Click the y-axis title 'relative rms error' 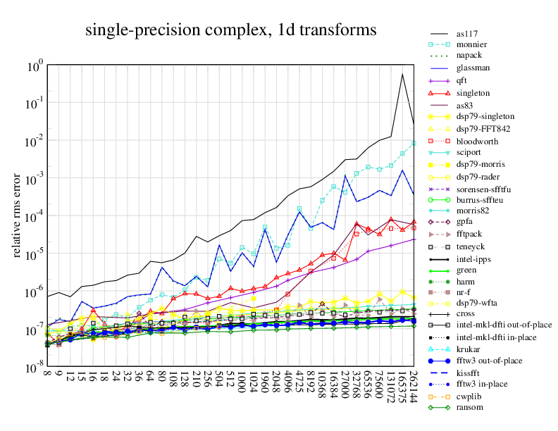[x=16, y=214]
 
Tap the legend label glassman [x=472, y=68]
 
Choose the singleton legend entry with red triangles [x=473, y=92]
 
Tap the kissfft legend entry [x=468, y=372]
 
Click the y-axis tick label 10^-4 [x=35, y=216]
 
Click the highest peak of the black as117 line [x=402, y=74]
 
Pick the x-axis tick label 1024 [x=253, y=382]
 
